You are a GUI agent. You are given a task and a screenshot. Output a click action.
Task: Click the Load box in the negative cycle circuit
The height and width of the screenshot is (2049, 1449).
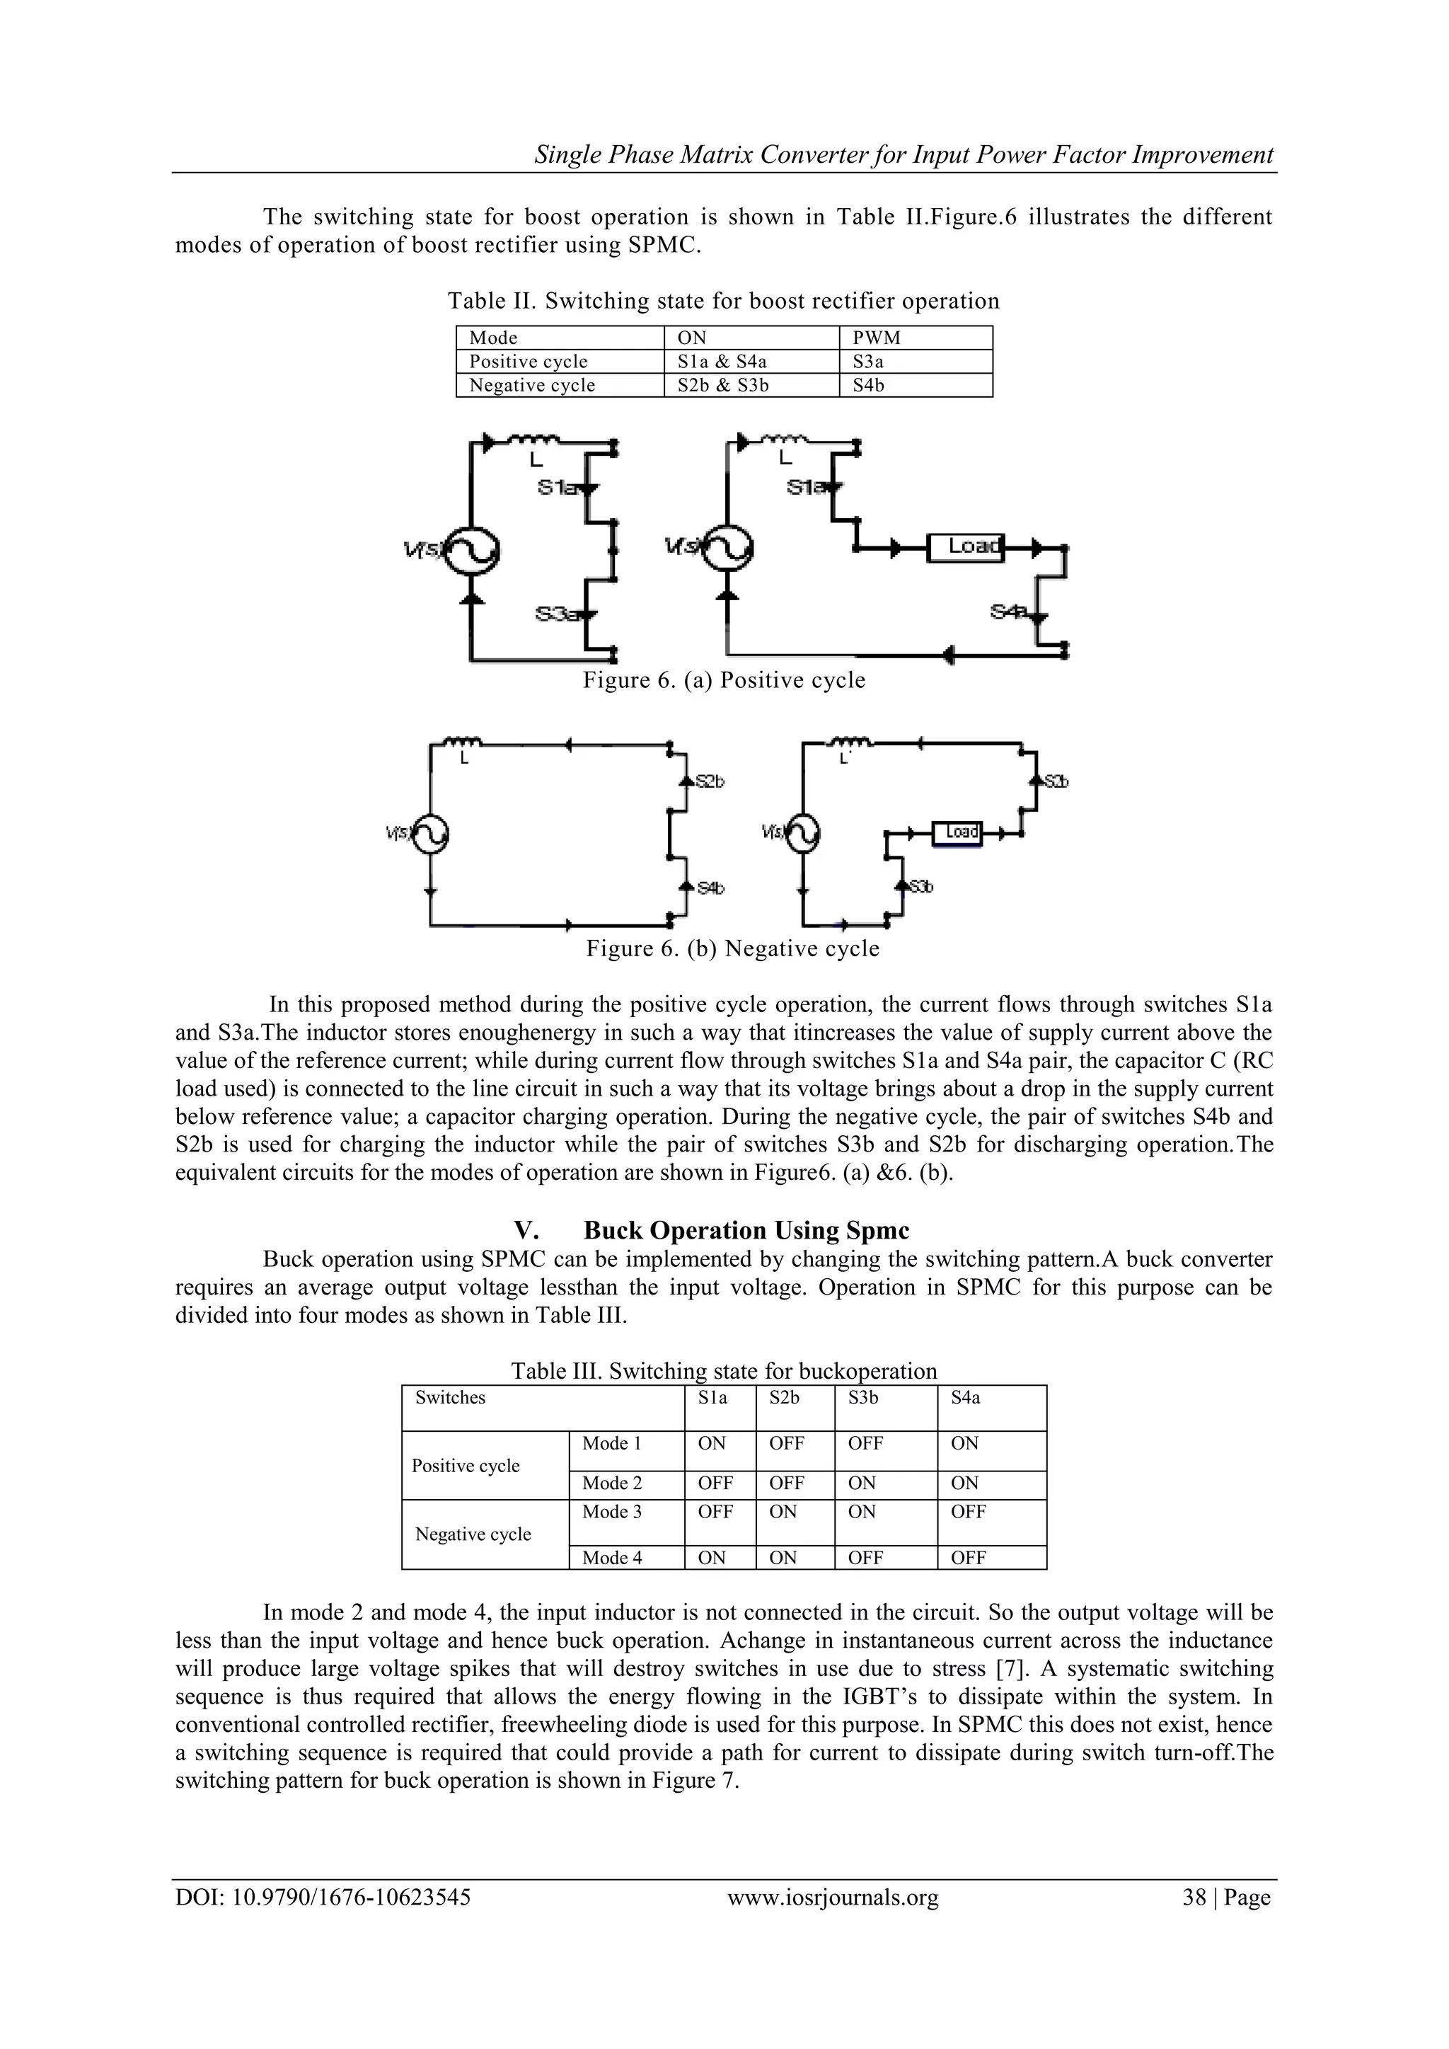pyautogui.click(x=957, y=832)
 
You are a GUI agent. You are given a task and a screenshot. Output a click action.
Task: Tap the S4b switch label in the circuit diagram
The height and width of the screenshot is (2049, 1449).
pyautogui.click(x=711, y=888)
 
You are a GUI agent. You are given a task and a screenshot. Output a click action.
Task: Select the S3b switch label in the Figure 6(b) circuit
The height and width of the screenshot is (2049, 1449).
pyautogui.click(x=920, y=886)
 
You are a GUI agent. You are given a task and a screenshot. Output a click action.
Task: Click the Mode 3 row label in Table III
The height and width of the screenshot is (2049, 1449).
pyautogui.click(x=612, y=1512)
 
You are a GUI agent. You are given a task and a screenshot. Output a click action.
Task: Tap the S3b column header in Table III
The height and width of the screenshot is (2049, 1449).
pyautogui.click(x=862, y=1399)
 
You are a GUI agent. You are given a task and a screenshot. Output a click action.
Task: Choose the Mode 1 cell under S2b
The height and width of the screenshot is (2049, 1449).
pyautogui.click(x=786, y=1444)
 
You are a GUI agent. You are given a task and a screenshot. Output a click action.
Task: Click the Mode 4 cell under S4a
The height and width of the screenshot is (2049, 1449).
pyautogui.click(x=968, y=1559)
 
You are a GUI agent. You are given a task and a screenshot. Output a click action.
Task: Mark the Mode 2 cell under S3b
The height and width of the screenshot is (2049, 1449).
pyautogui.click(x=862, y=1483)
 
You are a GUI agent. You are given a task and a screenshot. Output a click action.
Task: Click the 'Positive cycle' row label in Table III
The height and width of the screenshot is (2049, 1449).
pyautogui.click(x=466, y=1467)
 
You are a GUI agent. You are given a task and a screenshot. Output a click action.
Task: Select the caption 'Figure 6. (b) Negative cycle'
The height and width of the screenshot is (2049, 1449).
pyautogui.click(x=732, y=948)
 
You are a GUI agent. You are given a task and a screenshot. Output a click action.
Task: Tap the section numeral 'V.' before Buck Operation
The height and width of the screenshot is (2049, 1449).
pyautogui.click(x=526, y=1231)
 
